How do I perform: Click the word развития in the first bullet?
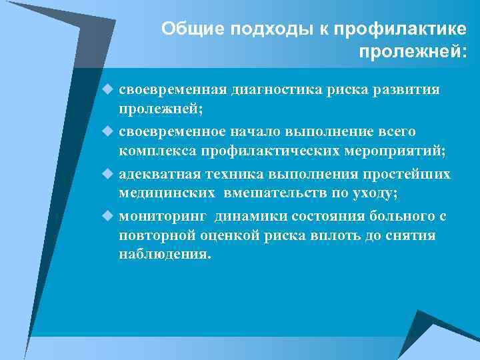click(x=409, y=90)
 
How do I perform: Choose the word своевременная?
click(x=173, y=90)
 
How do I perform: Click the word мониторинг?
click(x=162, y=217)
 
